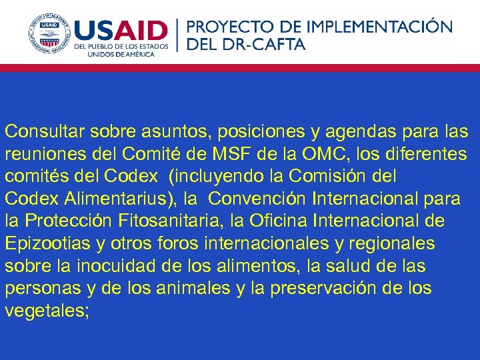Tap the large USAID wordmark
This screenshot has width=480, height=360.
(x=121, y=31)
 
